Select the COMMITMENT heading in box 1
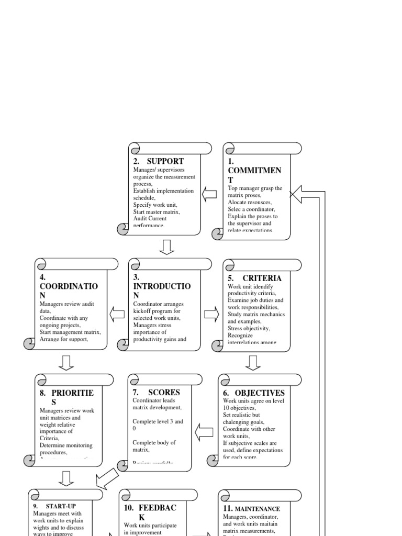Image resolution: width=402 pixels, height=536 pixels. pyautogui.click(x=254, y=171)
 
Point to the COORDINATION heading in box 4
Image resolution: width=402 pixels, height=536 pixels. pyautogui.click(x=69, y=287)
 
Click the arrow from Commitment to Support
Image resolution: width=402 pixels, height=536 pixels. pyautogui.click(x=209, y=195)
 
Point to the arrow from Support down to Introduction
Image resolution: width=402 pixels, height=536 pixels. pyautogui.click(x=166, y=247)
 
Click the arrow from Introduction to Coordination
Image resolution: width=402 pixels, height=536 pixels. pyautogui.click(x=117, y=314)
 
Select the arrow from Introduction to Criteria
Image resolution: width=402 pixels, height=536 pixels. pyautogui.click(x=211, y=314)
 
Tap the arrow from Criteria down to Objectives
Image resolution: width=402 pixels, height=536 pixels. pyautogui.click(x=253, y=362)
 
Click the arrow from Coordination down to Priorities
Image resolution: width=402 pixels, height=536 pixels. pyautogui.click(x=66, y=362)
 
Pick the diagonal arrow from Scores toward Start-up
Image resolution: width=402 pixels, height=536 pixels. pyautogui.click(x=107, y=477)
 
